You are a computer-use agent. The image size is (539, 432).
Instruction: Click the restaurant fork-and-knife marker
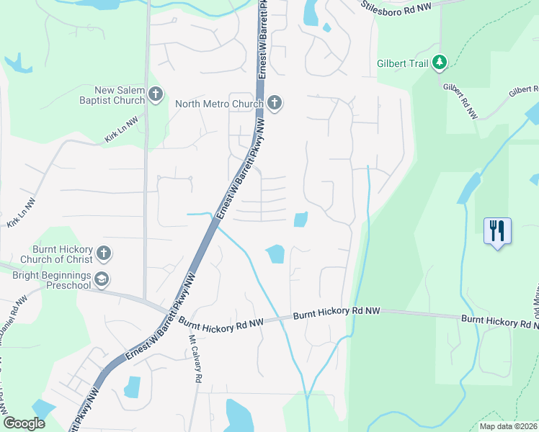[497, 231]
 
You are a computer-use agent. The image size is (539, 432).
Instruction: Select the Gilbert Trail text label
[403, 63]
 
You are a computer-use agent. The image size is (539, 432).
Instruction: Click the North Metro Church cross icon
[274, 104]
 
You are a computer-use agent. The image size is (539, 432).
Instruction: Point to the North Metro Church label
[219, 104]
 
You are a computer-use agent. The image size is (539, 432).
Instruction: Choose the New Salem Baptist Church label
[115, 95]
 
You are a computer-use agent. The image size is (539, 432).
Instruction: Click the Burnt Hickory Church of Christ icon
[104, 253]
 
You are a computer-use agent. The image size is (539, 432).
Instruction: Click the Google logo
[24, 423]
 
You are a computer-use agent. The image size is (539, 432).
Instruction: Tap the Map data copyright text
[509, 426]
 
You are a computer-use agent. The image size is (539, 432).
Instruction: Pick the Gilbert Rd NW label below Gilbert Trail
[461, 101]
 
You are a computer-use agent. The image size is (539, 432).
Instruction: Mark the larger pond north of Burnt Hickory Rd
[275, 253]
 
